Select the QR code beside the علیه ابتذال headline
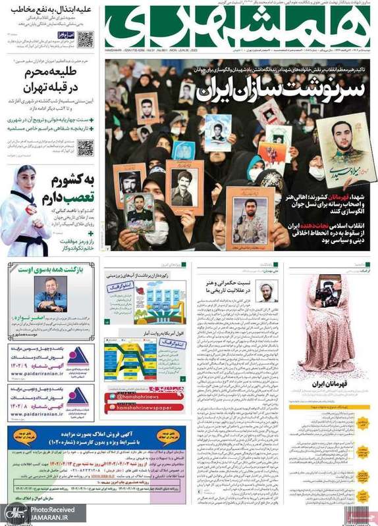click(x=86, y=39)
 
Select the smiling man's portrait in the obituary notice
click(x=49, y=289)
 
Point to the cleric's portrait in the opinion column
click(x=267, y=290)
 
